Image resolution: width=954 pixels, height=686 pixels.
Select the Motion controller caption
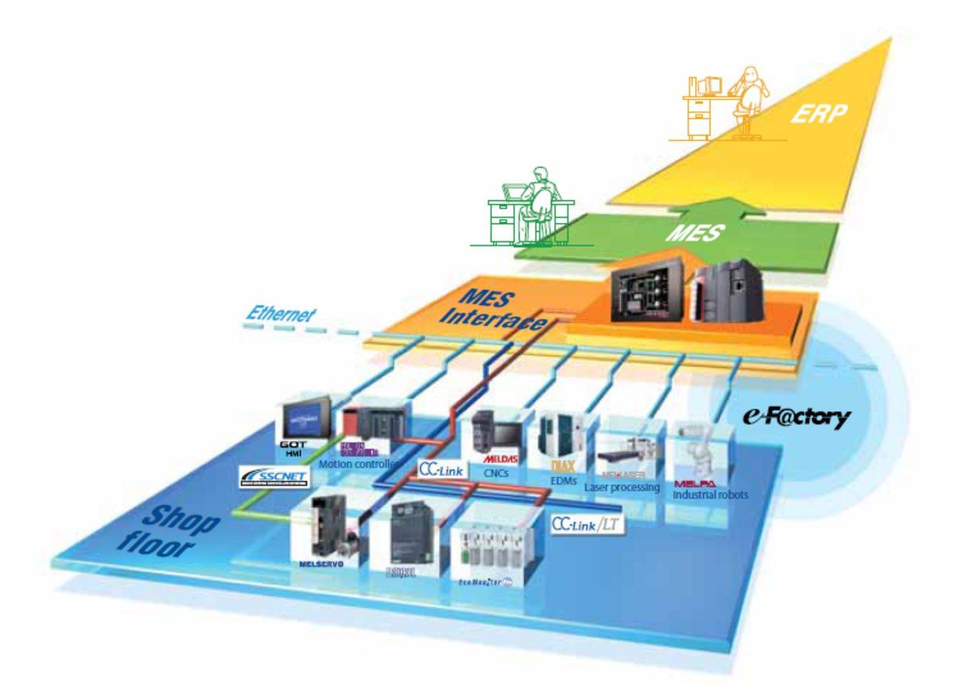[356, 464]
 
